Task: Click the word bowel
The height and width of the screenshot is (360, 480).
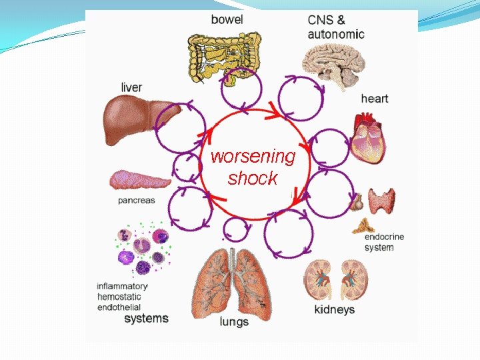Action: point(227,19)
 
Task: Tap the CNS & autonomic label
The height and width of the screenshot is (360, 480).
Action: point(336,27)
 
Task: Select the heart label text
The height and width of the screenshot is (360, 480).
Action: point(374,99)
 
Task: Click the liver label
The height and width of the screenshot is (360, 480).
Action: point(131,87)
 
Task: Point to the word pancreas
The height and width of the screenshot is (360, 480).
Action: point(136,200)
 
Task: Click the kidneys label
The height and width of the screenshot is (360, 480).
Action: point(334,309)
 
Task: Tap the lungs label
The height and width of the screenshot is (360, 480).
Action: point(234,321)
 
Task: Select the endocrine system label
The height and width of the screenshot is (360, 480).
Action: point(384,242)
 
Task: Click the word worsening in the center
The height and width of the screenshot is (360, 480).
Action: point(253,157)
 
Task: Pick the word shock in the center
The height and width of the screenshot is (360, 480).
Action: point(252,179)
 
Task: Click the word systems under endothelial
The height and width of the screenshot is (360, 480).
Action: point(146,319)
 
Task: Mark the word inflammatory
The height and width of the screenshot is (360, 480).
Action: point(122,286)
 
